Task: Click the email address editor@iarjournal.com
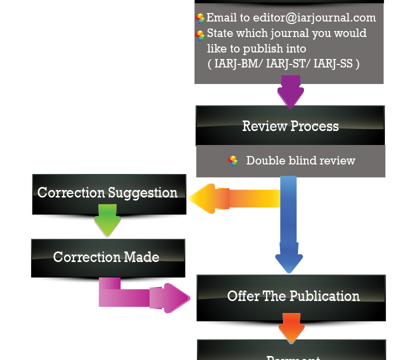coord(314,18)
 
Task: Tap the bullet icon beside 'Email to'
coord(200,18)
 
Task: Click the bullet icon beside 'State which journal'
coord(200,35)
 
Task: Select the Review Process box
coord(290,125)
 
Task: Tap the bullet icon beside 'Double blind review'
coord(233,161)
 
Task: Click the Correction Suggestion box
coord(107,192)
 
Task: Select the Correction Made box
coord(106,257)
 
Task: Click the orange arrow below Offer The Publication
coord(291,327)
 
